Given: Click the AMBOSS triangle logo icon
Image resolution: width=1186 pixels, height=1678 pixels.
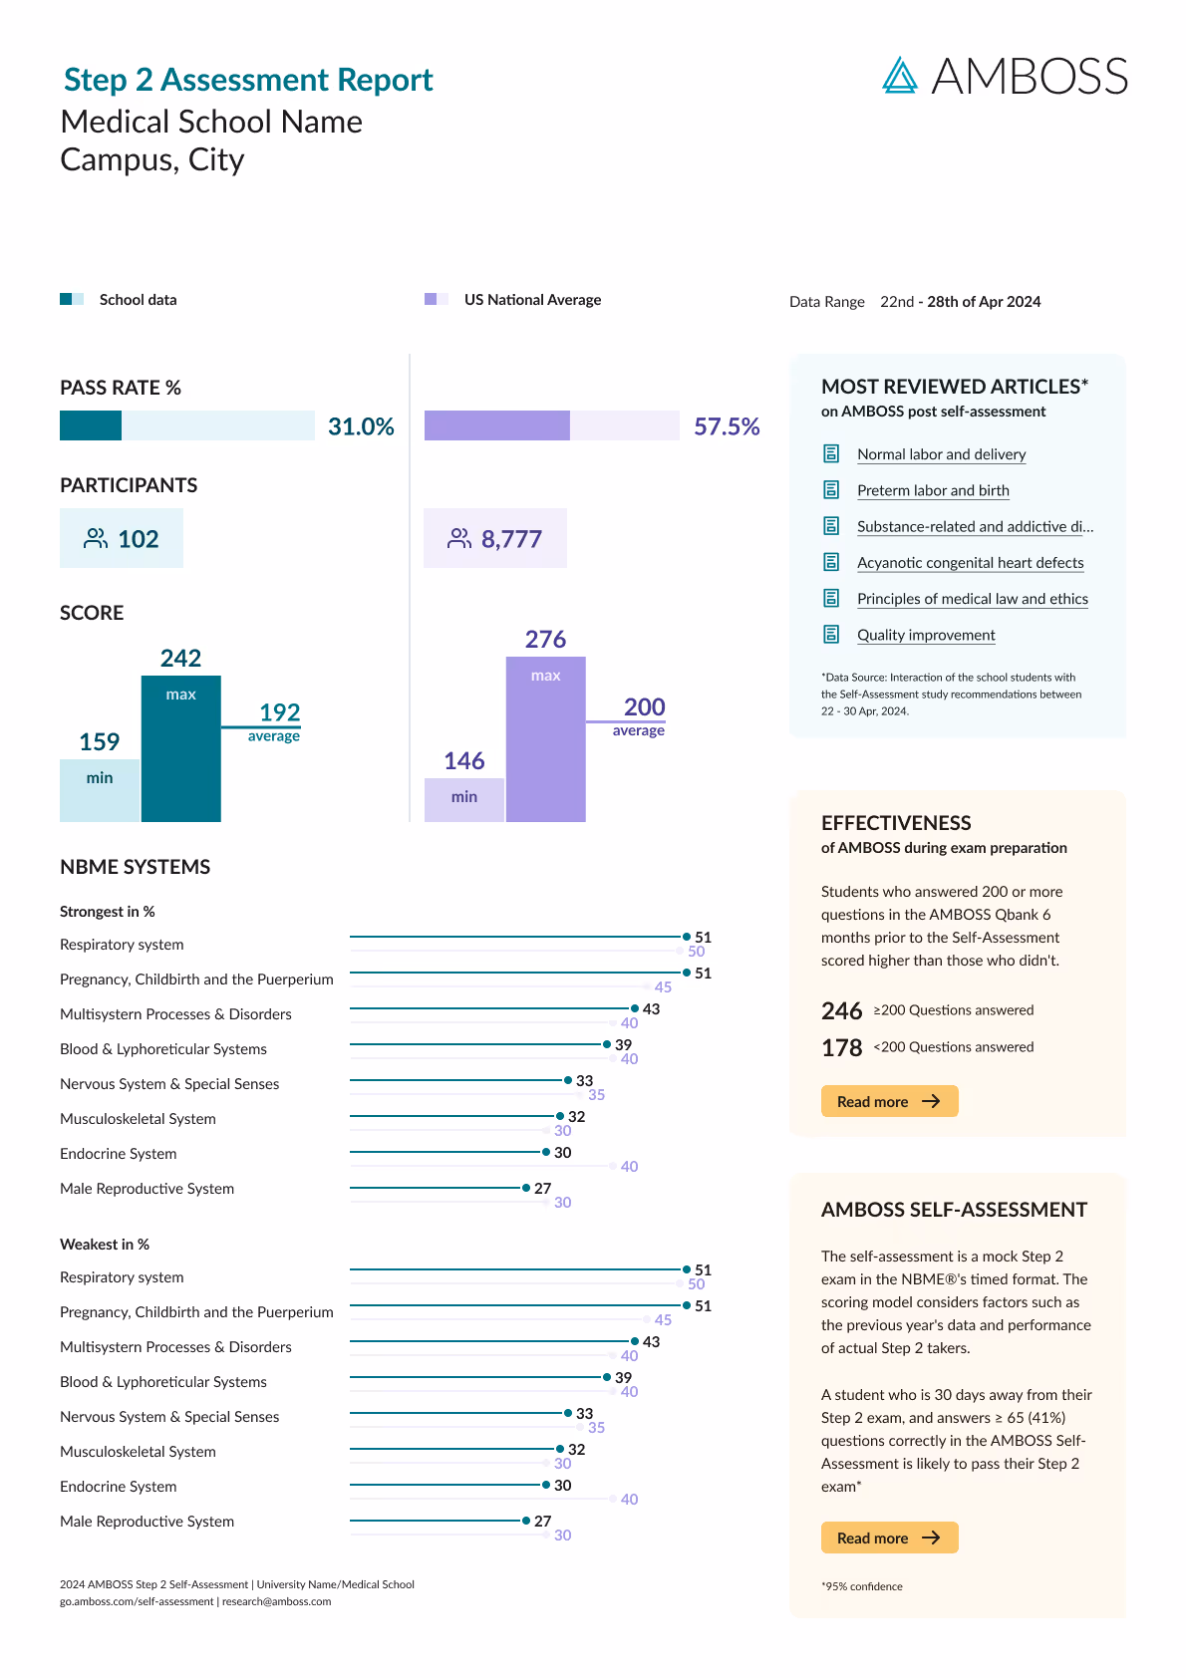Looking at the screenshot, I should [899, 76].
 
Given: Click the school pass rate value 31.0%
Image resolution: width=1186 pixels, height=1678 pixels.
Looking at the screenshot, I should [361, 426].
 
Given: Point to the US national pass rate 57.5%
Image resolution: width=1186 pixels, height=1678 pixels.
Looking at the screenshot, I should [727, 426].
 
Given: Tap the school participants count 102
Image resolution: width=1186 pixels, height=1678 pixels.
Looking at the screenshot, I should [138, 539].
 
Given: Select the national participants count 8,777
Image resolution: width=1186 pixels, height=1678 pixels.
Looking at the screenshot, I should [511, 539].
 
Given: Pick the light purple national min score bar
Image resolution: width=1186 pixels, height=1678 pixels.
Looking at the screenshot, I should [463, 799].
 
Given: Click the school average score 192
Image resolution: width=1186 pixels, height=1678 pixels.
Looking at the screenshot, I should [279, 712].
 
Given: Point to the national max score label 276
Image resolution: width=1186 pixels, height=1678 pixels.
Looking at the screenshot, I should [545, 639].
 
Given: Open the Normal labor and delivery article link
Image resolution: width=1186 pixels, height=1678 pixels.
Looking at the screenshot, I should [941, 454].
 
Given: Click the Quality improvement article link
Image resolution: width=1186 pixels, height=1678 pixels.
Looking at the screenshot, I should [926, 635].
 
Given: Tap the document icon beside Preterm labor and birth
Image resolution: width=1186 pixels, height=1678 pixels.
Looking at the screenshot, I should [831, 490].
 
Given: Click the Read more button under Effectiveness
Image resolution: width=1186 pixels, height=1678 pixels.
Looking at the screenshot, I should [889, 1101].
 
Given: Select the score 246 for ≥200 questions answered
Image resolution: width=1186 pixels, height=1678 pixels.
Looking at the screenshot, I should [841, 1011].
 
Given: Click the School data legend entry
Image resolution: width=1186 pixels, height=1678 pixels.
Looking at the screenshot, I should [138, 300].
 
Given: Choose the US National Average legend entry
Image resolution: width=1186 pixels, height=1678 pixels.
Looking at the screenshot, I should [532, 300].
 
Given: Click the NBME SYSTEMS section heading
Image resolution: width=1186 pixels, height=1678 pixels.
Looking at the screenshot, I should [135, 867].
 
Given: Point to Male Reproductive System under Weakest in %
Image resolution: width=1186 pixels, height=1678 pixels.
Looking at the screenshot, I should [147, 1522].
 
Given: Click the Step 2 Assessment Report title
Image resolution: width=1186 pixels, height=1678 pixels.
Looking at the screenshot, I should [248, 80].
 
